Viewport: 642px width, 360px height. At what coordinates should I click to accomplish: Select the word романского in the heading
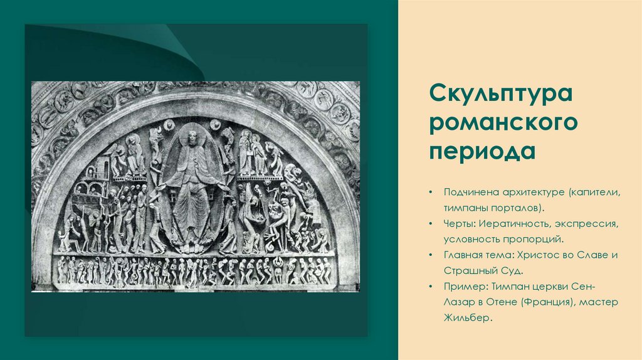[503, 124]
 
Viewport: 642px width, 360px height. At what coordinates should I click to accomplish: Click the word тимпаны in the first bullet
[466, 206]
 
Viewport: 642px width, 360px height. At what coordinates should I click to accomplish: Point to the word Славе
[597, 255]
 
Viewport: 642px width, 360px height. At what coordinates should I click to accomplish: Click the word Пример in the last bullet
[465, 287]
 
